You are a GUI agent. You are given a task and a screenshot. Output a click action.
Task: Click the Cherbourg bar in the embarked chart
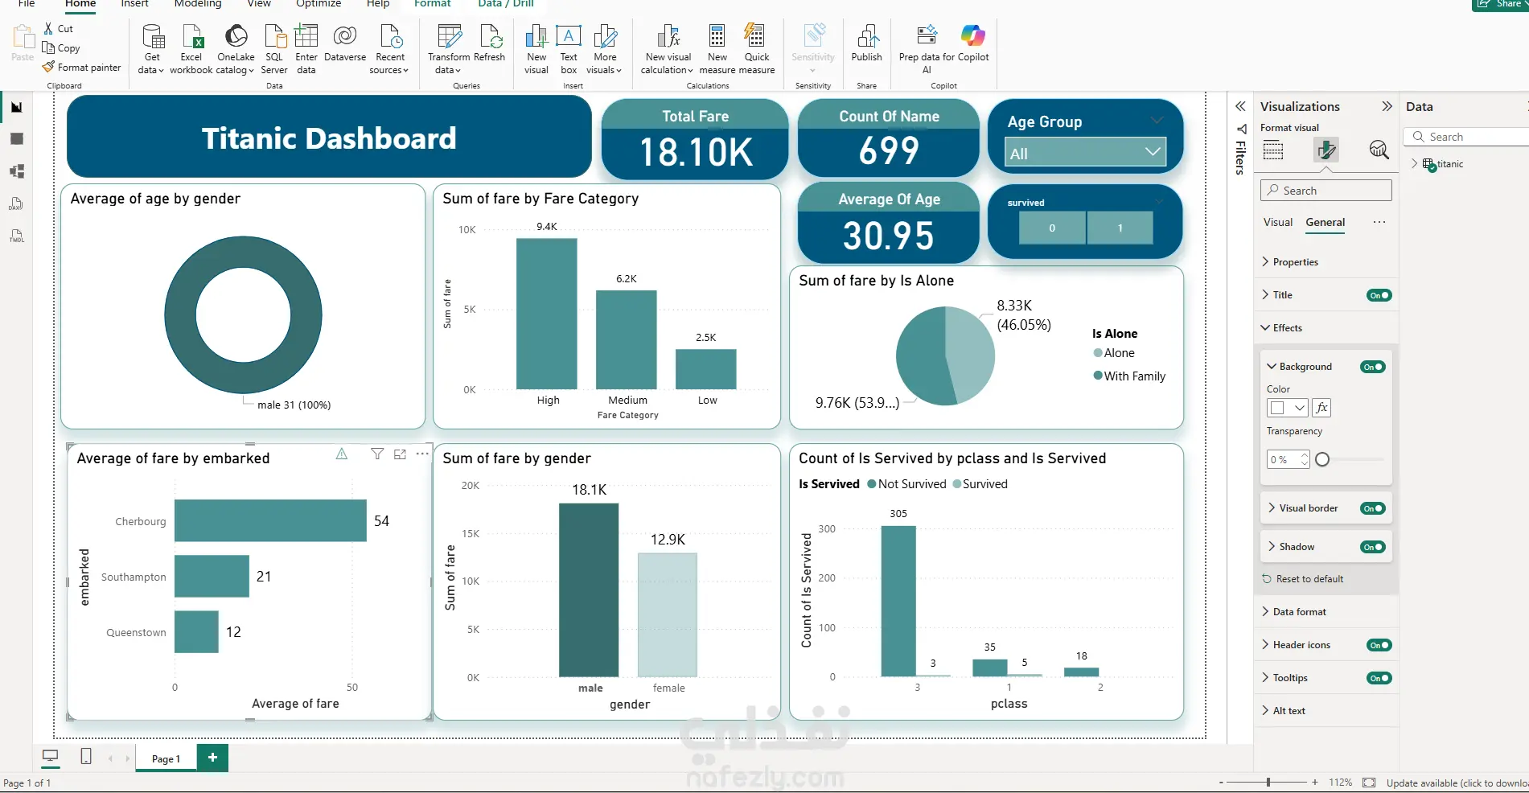pyautogui.click(x=270, y=520)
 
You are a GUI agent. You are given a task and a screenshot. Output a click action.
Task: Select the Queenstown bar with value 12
pyautogui.click(x=196, y=631)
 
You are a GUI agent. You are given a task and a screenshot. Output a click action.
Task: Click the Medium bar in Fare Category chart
pyautogui.click(x=627, y=339)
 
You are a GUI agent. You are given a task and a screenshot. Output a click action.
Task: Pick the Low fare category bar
pyautogui.click(x=706, y=369)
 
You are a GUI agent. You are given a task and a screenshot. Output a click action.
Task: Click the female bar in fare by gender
pyautogui.click(x=668, y=614)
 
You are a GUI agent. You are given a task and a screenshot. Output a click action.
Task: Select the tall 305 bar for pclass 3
pyautogui.click(x=898, y=601)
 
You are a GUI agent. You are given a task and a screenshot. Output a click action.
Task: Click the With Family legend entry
pyautogui.click(x=1129, y=376)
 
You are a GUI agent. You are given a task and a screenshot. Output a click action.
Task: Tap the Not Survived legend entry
pyautogui.click(x=906, y=484)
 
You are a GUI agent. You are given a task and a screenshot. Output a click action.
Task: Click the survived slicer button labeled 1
pyautogui.click(x=1120, y=228)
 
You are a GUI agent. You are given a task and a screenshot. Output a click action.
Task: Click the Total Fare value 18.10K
pyautogui.click(x=696, y=153)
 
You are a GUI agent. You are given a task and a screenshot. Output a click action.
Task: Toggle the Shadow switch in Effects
pyautogui.click(x=1373, y=547)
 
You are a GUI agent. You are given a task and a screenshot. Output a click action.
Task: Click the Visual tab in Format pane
pyautogui.click(x=1278, y=222)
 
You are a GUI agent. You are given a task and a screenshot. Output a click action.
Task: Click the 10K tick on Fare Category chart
pyautogui.click(x=467, y=230)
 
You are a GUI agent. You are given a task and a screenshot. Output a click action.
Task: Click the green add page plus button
pyautogui.click(x=212, y=758)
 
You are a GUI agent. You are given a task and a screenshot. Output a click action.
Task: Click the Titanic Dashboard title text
pyautogui.click(x=329, y=138)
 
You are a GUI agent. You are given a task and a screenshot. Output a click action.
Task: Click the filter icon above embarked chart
pyautogui.click(x=377, y=454)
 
